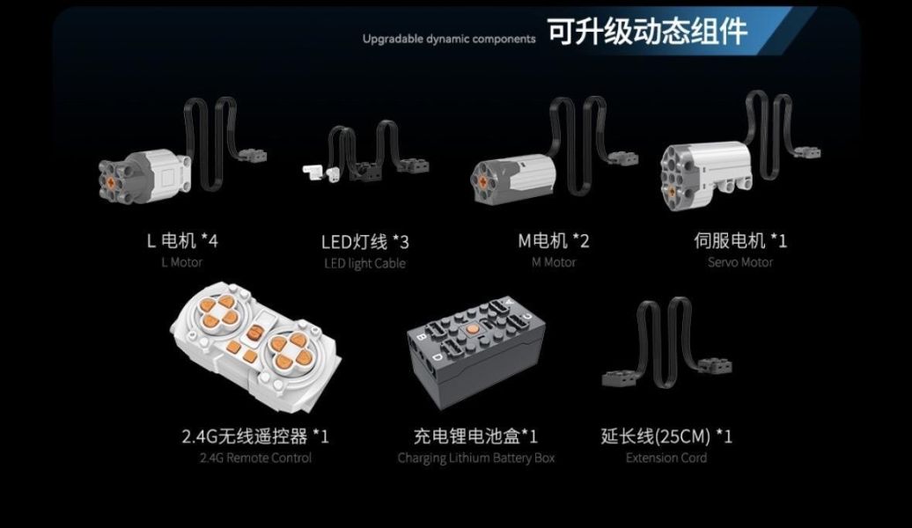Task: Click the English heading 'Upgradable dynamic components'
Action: (449, 39)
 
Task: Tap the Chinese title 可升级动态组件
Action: (647, 32)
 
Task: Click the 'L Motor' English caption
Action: (182, 262)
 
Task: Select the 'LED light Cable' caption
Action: (364, 263)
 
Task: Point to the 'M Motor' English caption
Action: (554, 262)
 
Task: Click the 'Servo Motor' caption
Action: (740, 262)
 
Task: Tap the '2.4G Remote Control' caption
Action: (256, 458)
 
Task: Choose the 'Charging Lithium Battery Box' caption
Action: (476, 458)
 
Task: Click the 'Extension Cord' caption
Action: (666, 458)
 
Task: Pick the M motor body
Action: (515, 180)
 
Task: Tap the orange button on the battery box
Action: (472, 330)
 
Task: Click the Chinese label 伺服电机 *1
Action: (739, 240)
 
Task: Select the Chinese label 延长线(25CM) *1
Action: (666, 436)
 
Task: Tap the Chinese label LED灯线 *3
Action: (364, 241)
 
